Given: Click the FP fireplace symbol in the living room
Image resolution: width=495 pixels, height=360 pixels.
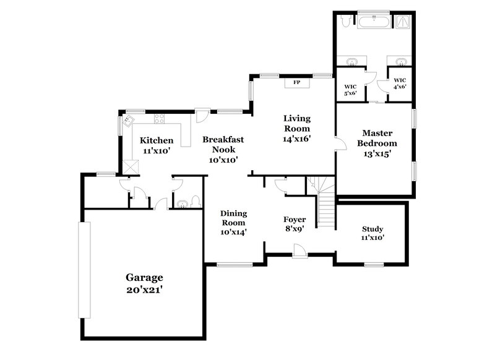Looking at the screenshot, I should (x=296, y=82).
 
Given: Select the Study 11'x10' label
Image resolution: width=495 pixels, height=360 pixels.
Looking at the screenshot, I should (x=373, y=233).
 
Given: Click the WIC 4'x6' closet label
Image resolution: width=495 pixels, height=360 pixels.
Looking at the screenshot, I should (x=400, y=84).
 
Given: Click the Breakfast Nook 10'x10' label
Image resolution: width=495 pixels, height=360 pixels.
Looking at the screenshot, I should (x=223, y=149).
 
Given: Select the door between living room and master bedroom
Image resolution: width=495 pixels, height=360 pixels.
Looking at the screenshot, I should (x=339, y=145).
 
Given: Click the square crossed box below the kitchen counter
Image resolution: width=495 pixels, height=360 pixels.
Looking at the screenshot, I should (x=131, y=166).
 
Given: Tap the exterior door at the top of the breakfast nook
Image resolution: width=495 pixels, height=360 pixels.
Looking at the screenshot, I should (x=201, y=116).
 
